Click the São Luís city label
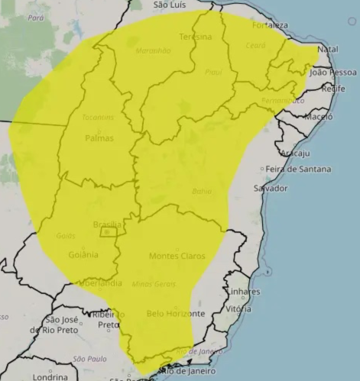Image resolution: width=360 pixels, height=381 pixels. click(x=170, y=5)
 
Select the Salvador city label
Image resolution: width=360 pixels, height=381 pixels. click(x=271, y=188)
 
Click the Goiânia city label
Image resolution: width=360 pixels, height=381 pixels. click(x=82, y=254)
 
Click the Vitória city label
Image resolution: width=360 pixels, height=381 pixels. click(x=237, y=309)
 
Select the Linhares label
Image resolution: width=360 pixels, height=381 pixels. click(x=242, y=292)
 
